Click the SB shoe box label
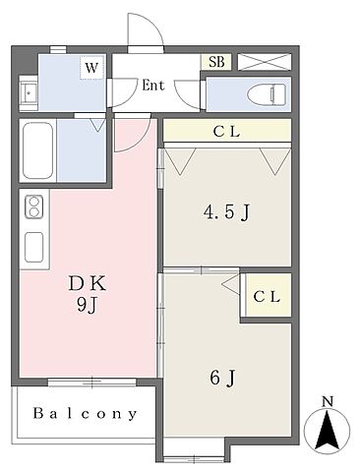point(216,62)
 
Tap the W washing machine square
point(91,68)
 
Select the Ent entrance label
point(153,86)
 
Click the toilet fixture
point(267,94)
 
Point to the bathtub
point(37,150)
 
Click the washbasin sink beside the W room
point(29,92)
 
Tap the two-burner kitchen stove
point(33,207)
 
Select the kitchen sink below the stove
point(33,247)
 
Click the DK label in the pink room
point(88,284)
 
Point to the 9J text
point(88,306)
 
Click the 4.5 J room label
point(227,212)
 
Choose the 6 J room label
point(222,378)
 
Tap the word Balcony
point(85,414)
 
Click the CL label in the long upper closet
point(226,132)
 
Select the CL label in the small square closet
point(267,297)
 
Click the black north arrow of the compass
point(327,431)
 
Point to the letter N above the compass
point(327,401)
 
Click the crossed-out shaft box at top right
point(265,62)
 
